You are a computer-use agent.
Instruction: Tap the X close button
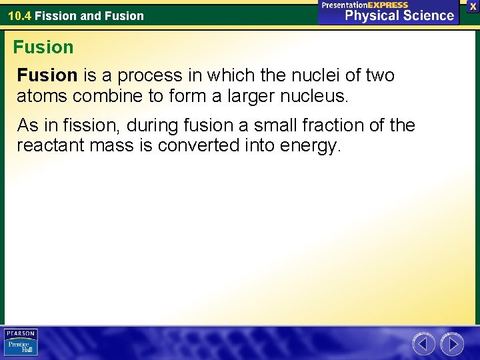[x=473, y=6]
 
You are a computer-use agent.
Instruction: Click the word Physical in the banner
[x=371, y=16]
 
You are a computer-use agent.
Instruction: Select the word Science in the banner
[x=427, y=16]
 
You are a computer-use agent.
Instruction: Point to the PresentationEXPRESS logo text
[x=365, y=5]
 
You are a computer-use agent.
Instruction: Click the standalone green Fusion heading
[x=43, y=47]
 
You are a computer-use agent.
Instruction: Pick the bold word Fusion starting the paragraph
[x=47, y=76]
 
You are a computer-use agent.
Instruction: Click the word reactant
[x=47, y=145]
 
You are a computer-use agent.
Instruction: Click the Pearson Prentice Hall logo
[x=21, y=342]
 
